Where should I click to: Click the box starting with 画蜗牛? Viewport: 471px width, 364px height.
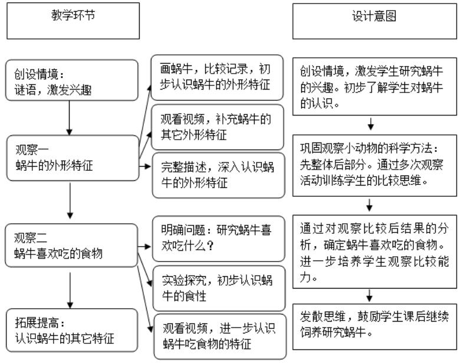click(x=217, y=76)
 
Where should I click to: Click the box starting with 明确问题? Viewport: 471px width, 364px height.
click(x=217, y=240)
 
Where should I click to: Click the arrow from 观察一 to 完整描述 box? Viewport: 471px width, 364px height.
click(x=144, y=166)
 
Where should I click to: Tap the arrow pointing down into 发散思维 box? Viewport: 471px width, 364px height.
click(x=371, y=295)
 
